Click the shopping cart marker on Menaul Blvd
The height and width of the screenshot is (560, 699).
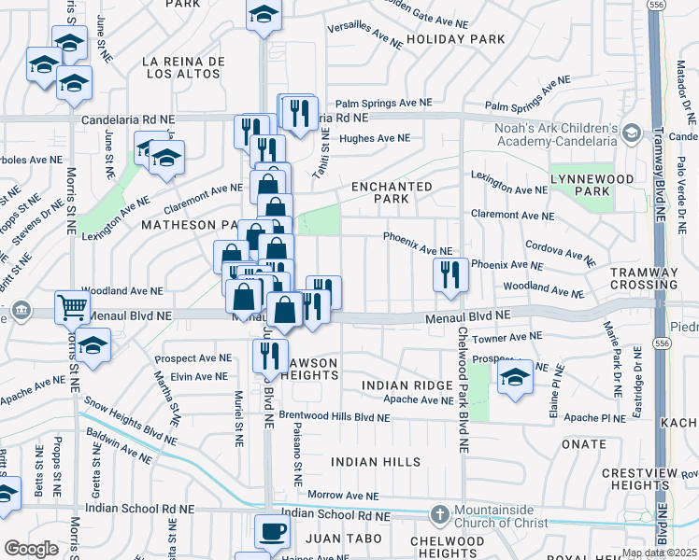tap(71, 305)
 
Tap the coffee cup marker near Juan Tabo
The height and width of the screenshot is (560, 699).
tap(272, 531)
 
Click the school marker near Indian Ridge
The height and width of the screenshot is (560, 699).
tap(514, 377)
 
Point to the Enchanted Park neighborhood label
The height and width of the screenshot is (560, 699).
tap(392, 193)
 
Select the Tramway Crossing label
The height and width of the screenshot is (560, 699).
tap(644, 277)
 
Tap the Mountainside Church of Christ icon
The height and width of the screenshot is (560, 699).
tap(440, 514)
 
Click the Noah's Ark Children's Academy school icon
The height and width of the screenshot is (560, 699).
tap(631, 133)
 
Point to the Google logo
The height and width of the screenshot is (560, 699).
tap(32, 549)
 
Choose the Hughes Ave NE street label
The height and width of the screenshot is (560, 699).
tap(375, 138)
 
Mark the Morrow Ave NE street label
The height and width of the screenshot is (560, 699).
tap(343, 496)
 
